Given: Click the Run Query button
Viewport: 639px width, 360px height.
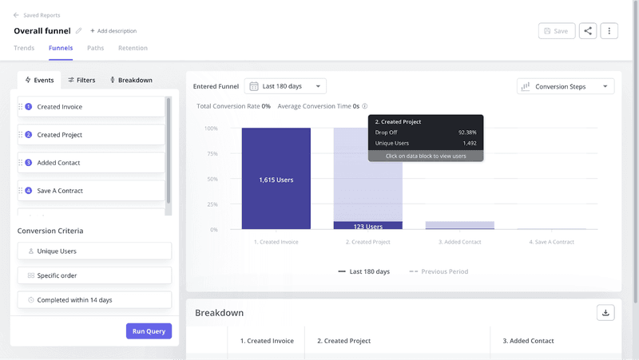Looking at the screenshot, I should point(149,331).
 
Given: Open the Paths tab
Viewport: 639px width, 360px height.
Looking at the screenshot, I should point(95,48).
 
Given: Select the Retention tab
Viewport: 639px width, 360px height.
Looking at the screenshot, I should point(133,48).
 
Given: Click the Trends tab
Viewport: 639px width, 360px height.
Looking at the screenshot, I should point(24,48).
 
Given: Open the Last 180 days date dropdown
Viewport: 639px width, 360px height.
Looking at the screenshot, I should point(285,86).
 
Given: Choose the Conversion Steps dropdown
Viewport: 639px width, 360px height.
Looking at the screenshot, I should point(566,86).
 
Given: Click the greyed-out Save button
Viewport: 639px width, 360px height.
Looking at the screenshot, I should point(556,31).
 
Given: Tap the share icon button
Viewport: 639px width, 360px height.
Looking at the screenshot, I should point(588,31).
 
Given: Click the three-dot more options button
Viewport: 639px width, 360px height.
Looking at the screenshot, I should point(609,31).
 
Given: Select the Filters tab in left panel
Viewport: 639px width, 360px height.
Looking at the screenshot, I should point(81,80).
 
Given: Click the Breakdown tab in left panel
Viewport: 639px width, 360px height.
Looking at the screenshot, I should point(130,80).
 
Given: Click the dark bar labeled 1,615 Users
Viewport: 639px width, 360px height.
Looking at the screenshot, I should point(276,180).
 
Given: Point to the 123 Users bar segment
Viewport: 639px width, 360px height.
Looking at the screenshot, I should point(368,226).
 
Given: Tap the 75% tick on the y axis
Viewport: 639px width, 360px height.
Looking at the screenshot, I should point(212,153).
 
